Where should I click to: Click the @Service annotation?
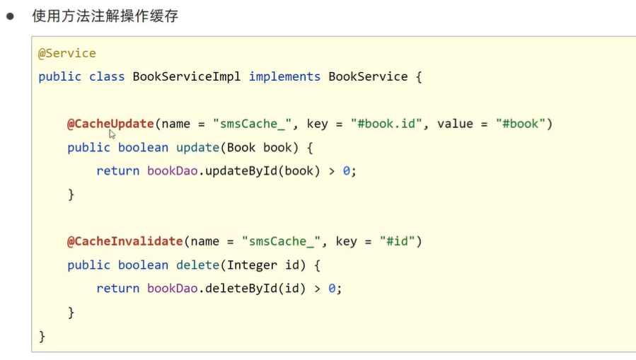[x=67, y=54]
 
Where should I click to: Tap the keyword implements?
[x=284, y=76]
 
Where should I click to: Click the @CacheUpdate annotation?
[x=110, y=124]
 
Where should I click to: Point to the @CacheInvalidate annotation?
[x=125, y=241]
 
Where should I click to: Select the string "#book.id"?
[x=386, y=124]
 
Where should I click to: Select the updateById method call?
[x=241, y=170]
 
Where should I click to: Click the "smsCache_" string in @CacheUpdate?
[x=252, y=124]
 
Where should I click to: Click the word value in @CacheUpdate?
[x=455, y=124]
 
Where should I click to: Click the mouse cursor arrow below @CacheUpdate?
[x=112, y=134]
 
